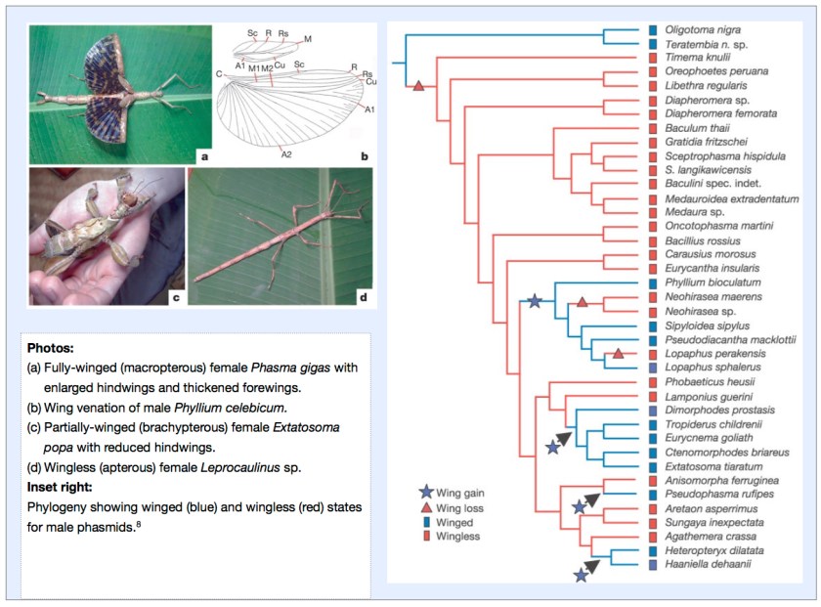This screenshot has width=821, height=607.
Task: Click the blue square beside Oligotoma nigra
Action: pyautogui.click(x=652, y=30)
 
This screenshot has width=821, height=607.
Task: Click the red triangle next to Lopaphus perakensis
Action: pyautogui.click(x=618, y=353)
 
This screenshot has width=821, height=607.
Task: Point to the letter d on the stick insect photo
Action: pyautogui.click(x=363, y=295)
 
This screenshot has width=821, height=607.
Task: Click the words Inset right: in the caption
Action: pyautogui.click(x=64, y=487)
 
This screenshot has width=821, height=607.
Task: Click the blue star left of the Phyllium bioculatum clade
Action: pyautogui.click(x=534, y=302)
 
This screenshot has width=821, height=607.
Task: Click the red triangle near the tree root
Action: pyautogui.click(x=418, y=88)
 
